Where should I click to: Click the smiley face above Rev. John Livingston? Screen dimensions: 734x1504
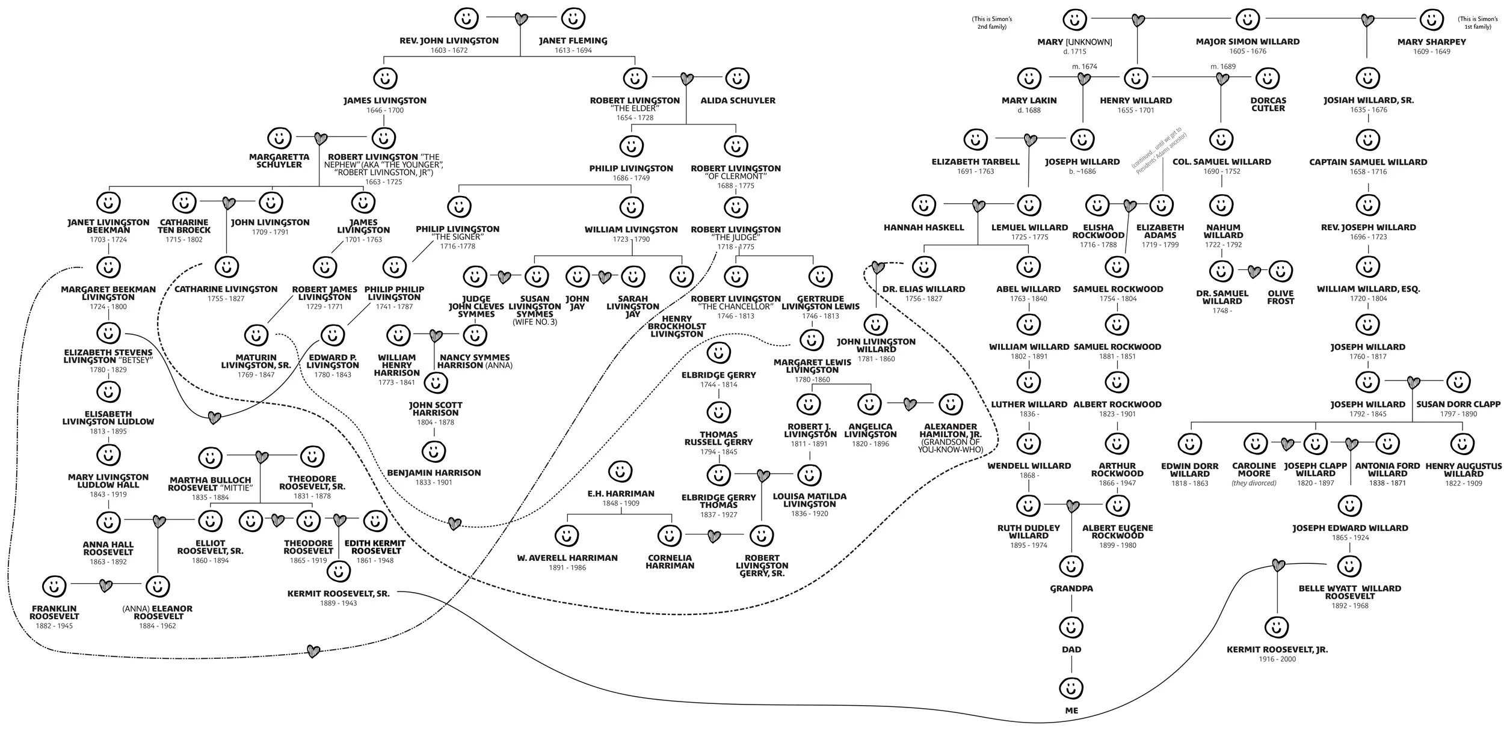pyautogui.click(x=466, y=18)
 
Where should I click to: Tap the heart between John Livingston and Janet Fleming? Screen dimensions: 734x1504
pyautogui.click(x=521, y=19)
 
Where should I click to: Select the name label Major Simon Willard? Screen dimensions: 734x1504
pyautogui.click(x=1247, y=41)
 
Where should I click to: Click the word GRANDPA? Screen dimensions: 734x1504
pyautogui.click(x=1071, y=589)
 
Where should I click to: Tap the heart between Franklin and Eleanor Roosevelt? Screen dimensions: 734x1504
pyautogui.click(x=106, y=585)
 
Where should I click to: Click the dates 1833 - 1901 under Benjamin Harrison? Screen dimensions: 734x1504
pyautogui.click(x=433, y=482)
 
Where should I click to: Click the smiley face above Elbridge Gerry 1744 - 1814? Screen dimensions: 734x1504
pyautogui.click(x=718, y=353)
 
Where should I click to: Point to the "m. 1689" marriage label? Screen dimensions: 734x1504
pyautogui.click(x=1223, y=66)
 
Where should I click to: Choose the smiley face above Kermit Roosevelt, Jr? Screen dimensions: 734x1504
pyautogui.click(x=1276, y=627)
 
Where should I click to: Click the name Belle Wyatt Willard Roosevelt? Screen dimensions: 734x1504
pyautogui.click(x=1349, y=592)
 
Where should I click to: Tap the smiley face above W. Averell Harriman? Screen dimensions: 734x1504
pyautogui.click(x=566, y=534)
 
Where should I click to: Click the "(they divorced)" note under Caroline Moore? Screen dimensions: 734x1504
pyautogui.click(x=1254, y=483)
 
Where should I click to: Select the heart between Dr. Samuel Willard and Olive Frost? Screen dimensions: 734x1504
pyautogui.click(x=1254, y=272)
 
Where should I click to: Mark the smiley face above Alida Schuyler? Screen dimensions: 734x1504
pyautogui.click(x=737, y=78)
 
